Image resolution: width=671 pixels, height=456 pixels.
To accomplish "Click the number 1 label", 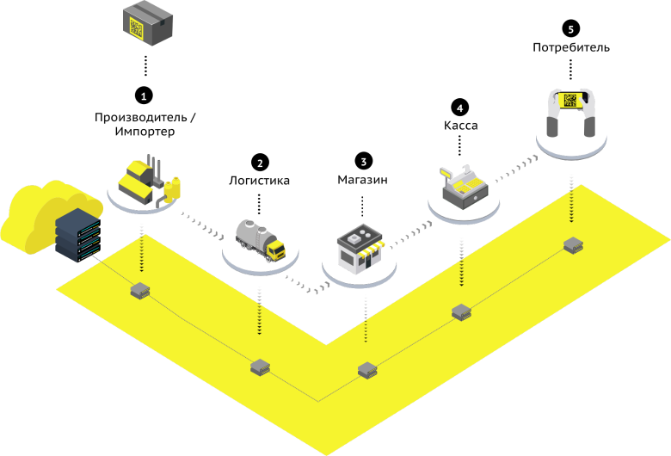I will (x=144, y=97).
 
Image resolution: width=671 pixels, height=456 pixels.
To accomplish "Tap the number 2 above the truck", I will (x=260, y=163).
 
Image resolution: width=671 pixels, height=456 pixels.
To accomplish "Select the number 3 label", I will (x=363, y=162).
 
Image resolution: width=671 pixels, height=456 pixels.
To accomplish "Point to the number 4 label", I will (x=459, y=109).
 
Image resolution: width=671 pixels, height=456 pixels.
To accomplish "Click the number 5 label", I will (x=570, y=30).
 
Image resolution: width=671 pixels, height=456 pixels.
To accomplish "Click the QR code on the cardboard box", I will (x=136, y=27).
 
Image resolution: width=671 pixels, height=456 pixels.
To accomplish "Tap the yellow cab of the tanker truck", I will (x=275, y=249).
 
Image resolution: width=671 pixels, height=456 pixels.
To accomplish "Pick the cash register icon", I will (x=465, y=185).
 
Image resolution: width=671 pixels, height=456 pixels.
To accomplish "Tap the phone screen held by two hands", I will (x=570, y=100).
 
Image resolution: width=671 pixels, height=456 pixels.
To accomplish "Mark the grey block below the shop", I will (x=367, y=370).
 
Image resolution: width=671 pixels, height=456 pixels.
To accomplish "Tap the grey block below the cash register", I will (x=461, y=312).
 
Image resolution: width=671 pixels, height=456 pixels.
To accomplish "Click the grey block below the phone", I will (x=573, y=245).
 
